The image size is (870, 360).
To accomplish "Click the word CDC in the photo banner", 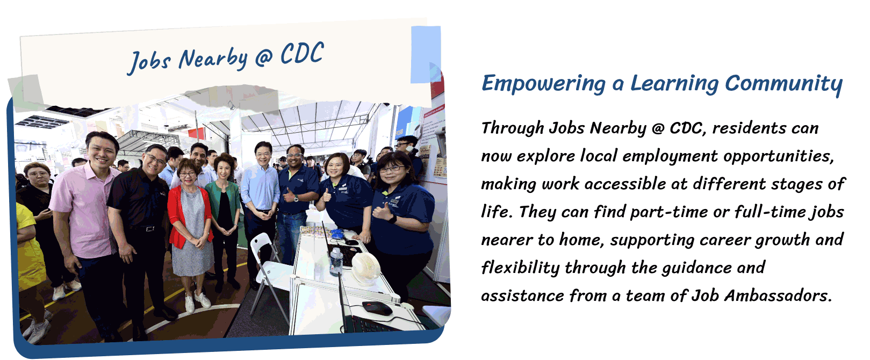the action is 302,54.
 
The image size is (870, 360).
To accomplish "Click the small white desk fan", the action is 365,268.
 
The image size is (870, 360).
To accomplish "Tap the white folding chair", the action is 270,272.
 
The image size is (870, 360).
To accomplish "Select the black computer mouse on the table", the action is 377,308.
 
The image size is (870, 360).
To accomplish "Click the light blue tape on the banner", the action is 426,54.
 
